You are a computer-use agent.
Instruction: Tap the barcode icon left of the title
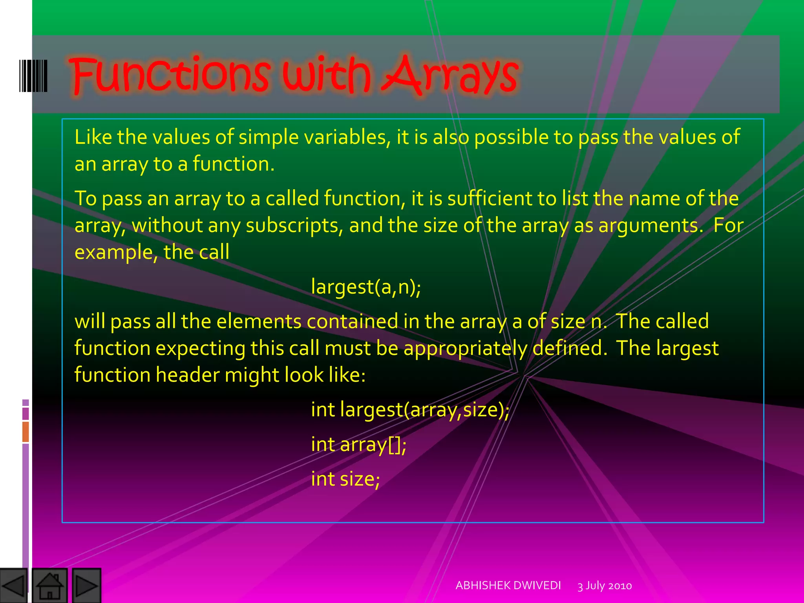33,76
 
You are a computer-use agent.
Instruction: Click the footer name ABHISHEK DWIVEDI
508,585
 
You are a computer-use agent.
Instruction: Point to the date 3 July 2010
605,586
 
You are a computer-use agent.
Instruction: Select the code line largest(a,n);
366,287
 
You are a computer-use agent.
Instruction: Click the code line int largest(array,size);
410,409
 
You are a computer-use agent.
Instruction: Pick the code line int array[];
358,444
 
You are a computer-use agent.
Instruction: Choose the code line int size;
345,479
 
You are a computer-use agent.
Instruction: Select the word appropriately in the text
465,348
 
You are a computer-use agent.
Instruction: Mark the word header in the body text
187,375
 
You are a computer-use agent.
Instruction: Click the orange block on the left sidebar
26,431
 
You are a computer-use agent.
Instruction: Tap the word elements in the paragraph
259,321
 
